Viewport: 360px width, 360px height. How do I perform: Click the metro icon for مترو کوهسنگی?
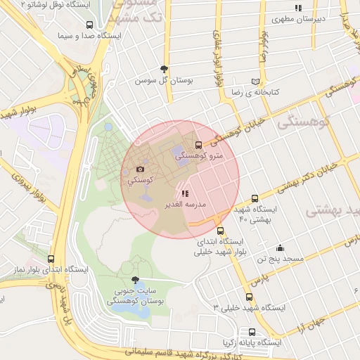(x=199, y=146)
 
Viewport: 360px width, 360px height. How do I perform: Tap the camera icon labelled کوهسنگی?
(x=140, y=169)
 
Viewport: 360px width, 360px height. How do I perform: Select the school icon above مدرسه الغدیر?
(x=184, y=193)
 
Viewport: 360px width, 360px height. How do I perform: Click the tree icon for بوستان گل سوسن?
(x=165, y=69)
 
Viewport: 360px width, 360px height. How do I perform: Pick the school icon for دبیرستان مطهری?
(x=299, y=8)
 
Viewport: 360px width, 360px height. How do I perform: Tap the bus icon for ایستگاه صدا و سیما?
(x=88, y=25)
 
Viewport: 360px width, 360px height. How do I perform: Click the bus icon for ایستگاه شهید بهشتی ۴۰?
(x=255, y=198)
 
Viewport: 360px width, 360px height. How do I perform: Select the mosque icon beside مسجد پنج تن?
(x=280, y=247)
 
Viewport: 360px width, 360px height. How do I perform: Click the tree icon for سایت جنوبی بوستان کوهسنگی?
(x=135, y=279)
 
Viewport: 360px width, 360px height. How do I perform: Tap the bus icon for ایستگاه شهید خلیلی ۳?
(x=249, y=297)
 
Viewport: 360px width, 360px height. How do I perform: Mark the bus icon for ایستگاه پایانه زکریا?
(x=252, y=332)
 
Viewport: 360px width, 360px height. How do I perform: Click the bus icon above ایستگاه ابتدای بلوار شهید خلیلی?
(x=221, y=230)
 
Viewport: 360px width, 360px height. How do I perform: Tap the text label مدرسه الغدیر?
(x=185, y=204)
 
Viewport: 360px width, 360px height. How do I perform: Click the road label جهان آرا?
(x=309, y=328)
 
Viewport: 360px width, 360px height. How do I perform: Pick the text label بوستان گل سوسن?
(x=165, y=80)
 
